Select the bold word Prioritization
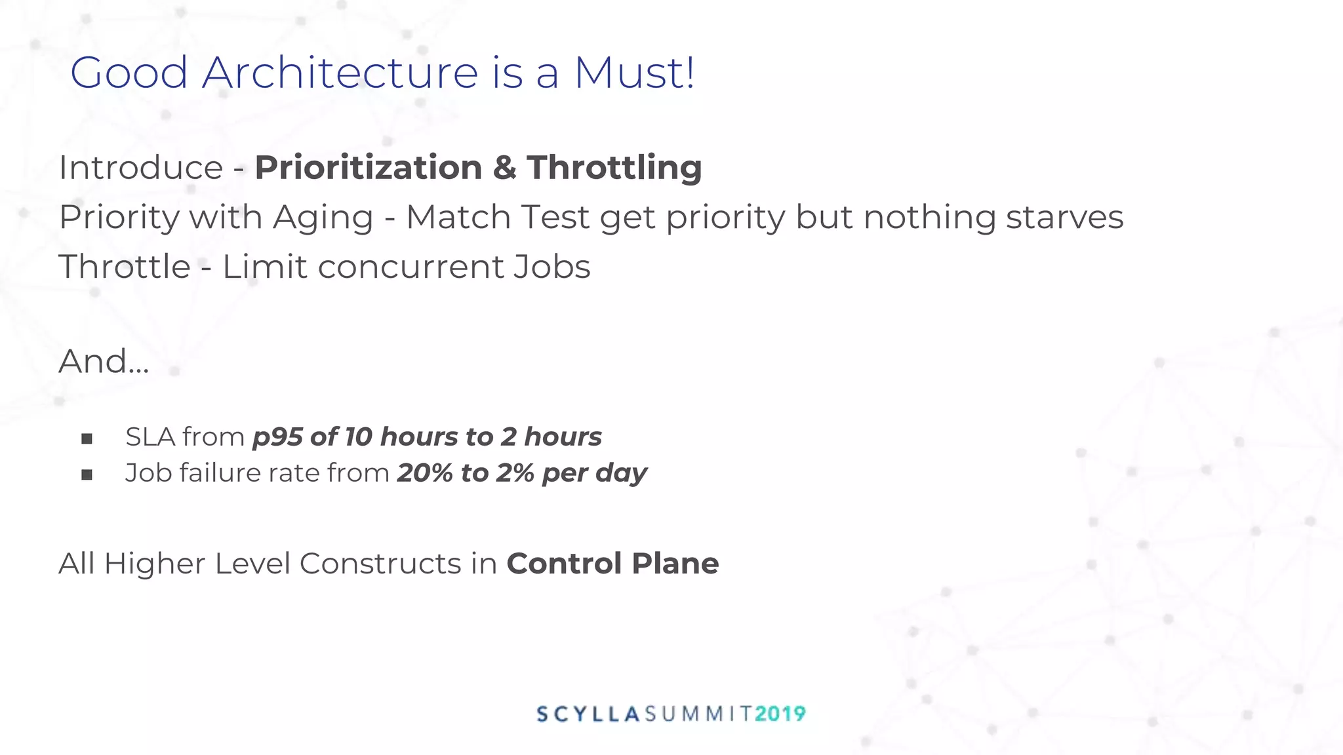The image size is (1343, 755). click(369, 167)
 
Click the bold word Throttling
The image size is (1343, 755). click(614, 167)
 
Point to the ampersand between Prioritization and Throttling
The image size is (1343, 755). click(504, 167)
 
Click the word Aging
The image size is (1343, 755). click(323, 218)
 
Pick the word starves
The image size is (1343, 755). click(1064, 217)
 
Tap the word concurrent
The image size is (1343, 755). click(410, 267)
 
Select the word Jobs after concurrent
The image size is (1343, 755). click(551, 267)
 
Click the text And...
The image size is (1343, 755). click(104, 361)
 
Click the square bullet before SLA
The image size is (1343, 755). click(87, 438)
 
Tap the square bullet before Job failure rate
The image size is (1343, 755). click(87, 474)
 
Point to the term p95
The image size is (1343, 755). click(277, 437)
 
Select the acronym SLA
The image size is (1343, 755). click(149, 437)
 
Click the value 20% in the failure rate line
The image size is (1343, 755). click(425, 473)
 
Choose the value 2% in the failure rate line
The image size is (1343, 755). click(515, 473)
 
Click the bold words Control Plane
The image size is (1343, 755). click(612, 564)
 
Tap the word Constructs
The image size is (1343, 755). click(380, 564)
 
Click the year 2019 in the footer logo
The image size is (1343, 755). click(780, 714)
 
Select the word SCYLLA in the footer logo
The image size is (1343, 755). click(588, 714)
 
